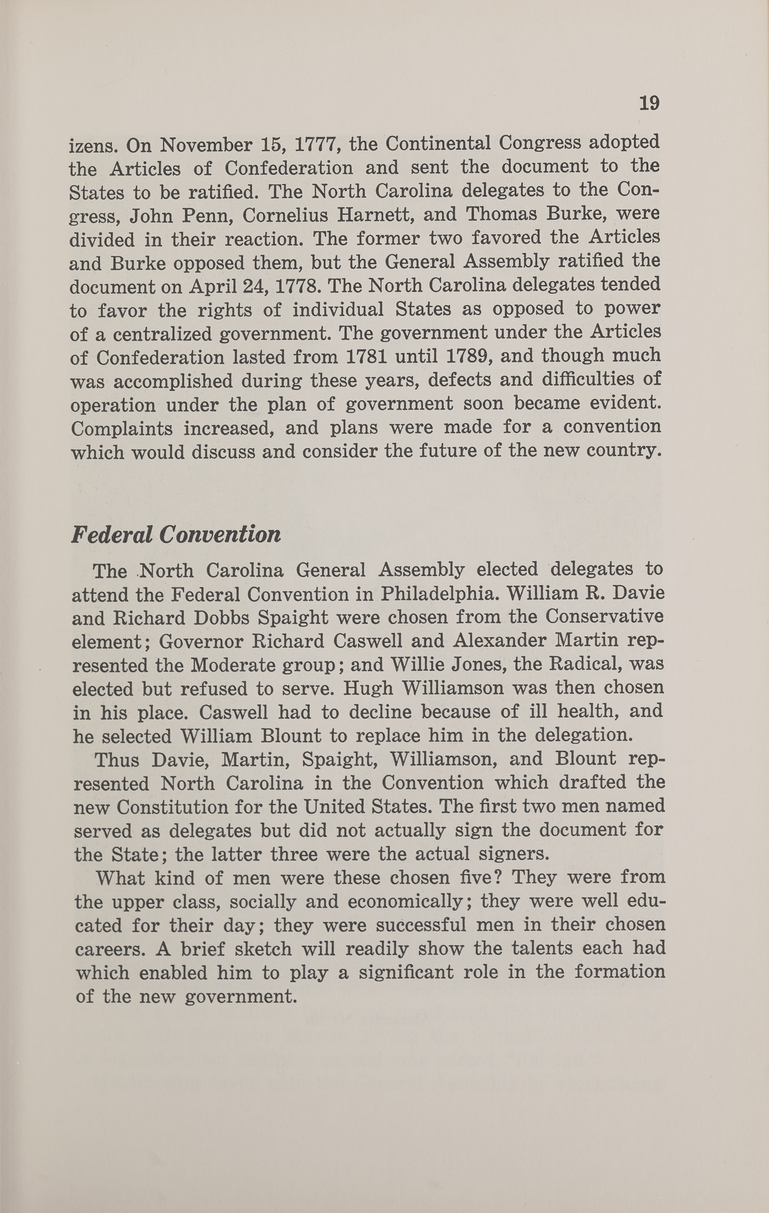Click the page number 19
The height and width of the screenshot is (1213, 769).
[x=649, y=103]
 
